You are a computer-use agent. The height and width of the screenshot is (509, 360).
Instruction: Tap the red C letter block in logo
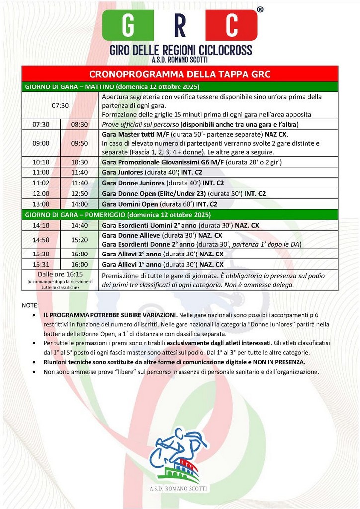(x=231, y=25)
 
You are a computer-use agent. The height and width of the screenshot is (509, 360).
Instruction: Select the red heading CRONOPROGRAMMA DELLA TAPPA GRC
(x=180, y=75)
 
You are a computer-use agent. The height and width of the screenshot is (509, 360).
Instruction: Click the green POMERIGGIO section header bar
(x=180, y=215)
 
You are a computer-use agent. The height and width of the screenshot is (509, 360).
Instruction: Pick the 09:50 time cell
(x=80, y=143)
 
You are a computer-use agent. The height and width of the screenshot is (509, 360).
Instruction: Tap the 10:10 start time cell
(x=41, y=162)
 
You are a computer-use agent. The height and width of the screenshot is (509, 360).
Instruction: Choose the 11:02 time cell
(x=41, y=183)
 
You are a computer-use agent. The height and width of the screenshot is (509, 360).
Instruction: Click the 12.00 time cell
(x=41, y=193)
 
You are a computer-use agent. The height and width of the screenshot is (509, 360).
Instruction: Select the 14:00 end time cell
(x=80, y=204)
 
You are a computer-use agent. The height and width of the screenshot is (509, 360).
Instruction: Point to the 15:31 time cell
(x=41, y=264)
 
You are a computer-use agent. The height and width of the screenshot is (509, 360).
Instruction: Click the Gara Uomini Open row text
(x=159, y=204)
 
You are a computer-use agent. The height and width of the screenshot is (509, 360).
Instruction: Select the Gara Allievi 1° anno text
(x=162, y=264)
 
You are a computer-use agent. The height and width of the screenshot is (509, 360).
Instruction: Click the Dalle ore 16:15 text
(x=60, y=274)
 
